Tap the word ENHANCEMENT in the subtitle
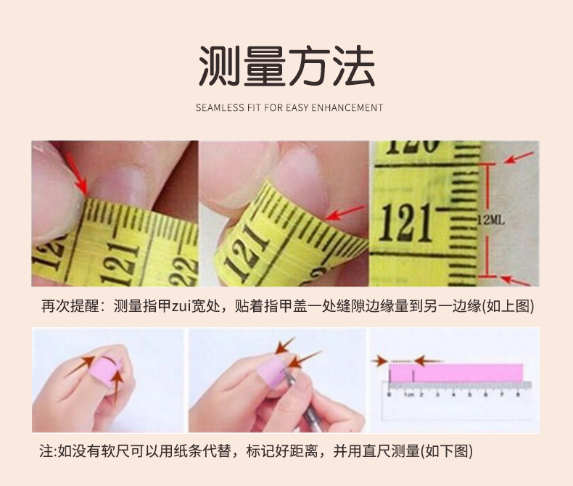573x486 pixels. (347, 107)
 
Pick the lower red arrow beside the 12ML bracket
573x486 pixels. (516, 279)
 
